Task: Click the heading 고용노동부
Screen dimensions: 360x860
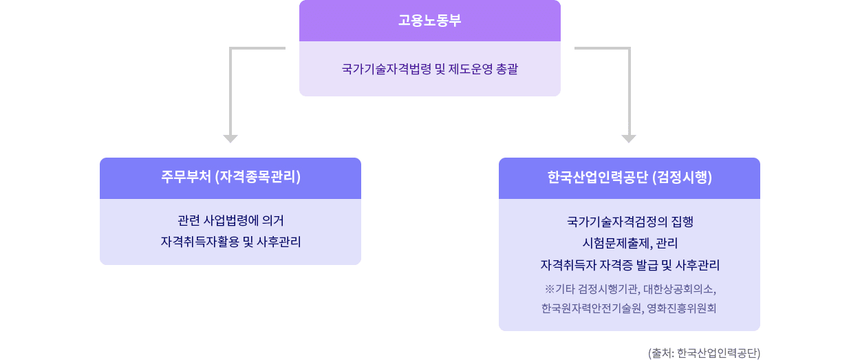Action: point(429,21)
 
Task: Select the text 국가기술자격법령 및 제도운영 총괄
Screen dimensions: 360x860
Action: point(429,69)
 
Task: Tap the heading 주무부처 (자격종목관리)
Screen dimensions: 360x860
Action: point(230,178)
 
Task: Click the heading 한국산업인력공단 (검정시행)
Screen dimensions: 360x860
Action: point(630,178)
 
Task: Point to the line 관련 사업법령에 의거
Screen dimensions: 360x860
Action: point(230,221)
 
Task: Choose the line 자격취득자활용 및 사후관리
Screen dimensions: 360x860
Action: point(230,242)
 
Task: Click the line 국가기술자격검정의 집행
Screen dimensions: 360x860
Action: point(630,222)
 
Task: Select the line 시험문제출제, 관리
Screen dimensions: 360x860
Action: point(630,243)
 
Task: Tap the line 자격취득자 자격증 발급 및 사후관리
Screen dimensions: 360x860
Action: point(630,265)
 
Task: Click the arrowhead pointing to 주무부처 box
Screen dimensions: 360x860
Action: point(230,138)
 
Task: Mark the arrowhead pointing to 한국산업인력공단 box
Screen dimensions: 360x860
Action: point(628,138)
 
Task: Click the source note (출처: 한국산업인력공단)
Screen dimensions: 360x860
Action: point(704,353)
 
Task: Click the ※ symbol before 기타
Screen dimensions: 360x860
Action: point(549,288)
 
